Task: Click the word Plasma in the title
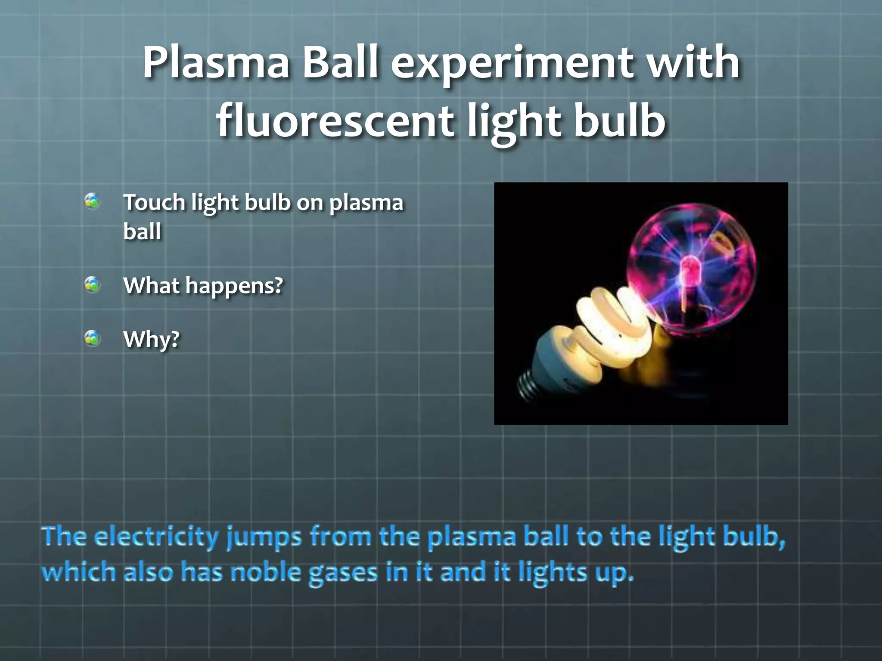[215, 63]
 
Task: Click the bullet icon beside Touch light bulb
[93, 201]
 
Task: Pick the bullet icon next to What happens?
[93, 284]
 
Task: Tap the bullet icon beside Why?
[93, 338]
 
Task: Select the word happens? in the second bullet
[234, 286]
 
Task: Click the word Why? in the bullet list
[151, 340]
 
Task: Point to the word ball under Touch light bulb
[142, 232]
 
